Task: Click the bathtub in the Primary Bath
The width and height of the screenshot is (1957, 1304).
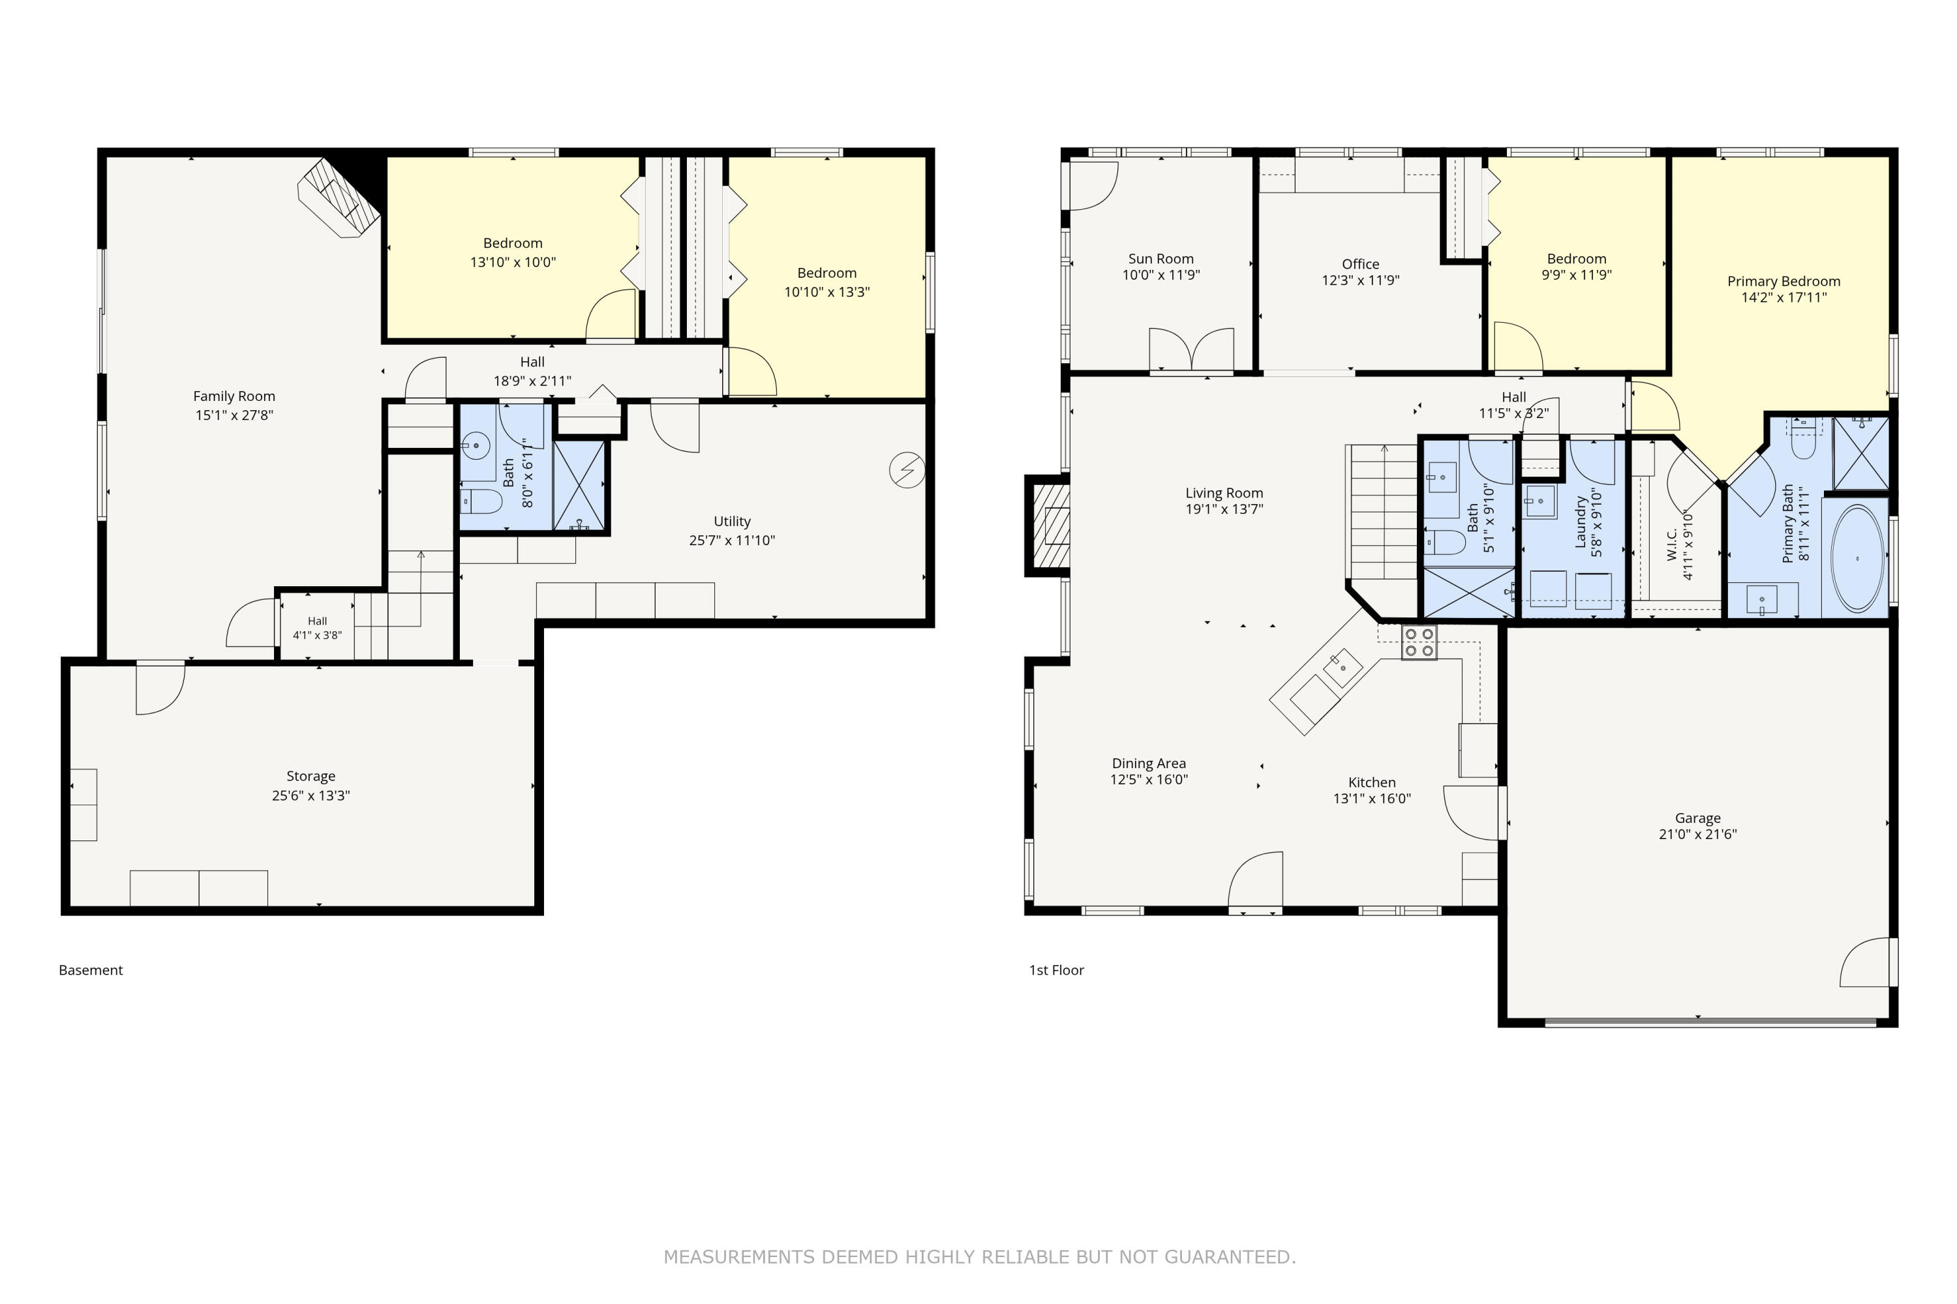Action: click(x=1857, y=559)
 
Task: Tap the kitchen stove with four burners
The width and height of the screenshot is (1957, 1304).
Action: click(x=1419, y=643)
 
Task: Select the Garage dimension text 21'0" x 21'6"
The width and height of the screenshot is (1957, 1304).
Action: click(x=1697, y=834)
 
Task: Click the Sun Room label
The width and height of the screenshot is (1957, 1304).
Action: click(x=1161, y=259)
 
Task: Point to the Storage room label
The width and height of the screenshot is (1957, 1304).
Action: click(x=311, y=776)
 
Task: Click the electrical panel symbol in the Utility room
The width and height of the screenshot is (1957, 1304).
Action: click(x=907, y=470)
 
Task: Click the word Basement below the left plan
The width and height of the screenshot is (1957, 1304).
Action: click(x=91, y=970)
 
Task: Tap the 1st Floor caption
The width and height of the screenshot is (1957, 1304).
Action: click(x=1057, y=970)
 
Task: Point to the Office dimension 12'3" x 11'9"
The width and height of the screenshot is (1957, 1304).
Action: click(x=1360, y=280)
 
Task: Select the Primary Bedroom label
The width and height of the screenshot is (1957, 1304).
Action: click(x=1784, y=281)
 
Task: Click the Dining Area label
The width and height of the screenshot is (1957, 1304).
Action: click(x=1149, y=763)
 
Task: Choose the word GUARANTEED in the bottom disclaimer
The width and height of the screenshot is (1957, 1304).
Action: click(x=1230, y=1256)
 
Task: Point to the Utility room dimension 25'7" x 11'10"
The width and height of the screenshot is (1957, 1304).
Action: click(x=731, y=540)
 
